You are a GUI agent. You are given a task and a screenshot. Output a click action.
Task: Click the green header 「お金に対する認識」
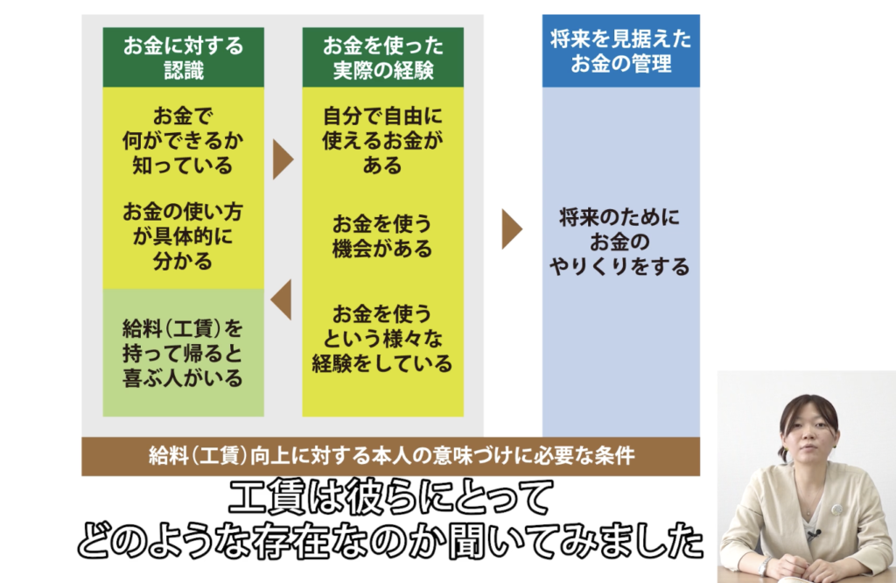[x=183, y=57]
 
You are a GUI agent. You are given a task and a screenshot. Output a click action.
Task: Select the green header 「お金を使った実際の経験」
[x=382, y=57]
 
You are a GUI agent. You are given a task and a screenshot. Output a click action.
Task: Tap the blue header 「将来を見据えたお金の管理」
[x=620, y=51]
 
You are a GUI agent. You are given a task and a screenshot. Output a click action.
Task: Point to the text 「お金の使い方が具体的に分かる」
[x=183, y=235]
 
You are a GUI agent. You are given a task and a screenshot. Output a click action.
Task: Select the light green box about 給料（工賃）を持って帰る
[x=183, y=353]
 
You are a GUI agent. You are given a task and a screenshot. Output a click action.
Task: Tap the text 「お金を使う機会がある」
[x=382, y=235]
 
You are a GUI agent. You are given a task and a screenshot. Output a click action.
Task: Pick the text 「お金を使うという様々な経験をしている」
[x=382, y=337]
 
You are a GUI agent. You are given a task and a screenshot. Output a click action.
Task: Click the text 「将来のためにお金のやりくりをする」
[x=620, y=242]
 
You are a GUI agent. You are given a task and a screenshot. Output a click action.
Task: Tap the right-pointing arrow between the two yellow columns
[x=282, y=159]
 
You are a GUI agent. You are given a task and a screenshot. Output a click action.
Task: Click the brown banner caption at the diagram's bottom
[x=391, y=455]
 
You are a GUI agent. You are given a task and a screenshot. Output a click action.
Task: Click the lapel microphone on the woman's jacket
[x=813, y=531]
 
